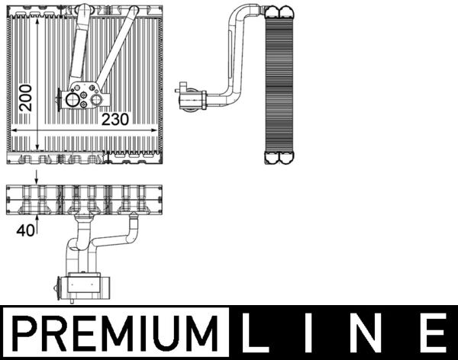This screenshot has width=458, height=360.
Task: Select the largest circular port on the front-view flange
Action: [x=73, y=98]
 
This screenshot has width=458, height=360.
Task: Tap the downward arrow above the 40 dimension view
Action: [x=36, y=181]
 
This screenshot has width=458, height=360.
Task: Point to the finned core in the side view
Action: [x=279, y=84]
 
